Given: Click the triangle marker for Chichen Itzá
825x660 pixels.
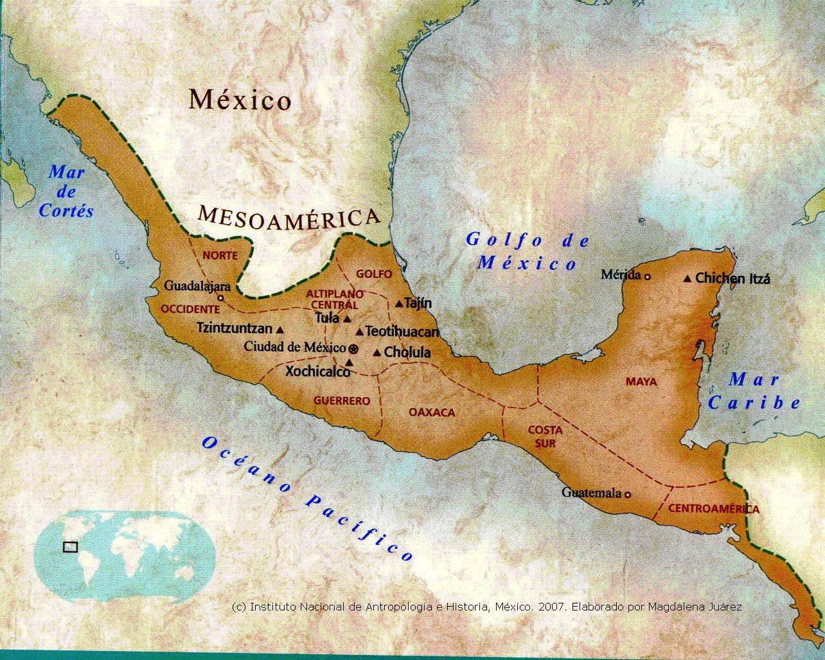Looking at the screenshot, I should (687, 279).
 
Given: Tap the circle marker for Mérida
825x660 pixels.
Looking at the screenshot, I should (647, 276).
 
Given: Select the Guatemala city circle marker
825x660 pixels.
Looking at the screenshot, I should (628, 494).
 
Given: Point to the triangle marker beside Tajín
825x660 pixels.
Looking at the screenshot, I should (399, 303).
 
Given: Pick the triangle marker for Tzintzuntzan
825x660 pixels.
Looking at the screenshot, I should (279, 330).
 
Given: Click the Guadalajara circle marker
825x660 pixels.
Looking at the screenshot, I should (220, 298).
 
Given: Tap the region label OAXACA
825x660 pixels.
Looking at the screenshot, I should (432, 413).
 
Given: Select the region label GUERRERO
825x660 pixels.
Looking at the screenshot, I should (342, 401).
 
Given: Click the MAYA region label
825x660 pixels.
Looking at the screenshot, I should (641, 382).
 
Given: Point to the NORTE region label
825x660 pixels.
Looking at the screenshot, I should (220, 256).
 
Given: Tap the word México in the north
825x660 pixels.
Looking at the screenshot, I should (240, 100).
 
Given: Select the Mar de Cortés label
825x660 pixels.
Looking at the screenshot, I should (66, 192).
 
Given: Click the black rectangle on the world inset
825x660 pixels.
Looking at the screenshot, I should (70, 547).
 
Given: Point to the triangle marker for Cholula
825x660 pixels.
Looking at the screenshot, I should (377, 353).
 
